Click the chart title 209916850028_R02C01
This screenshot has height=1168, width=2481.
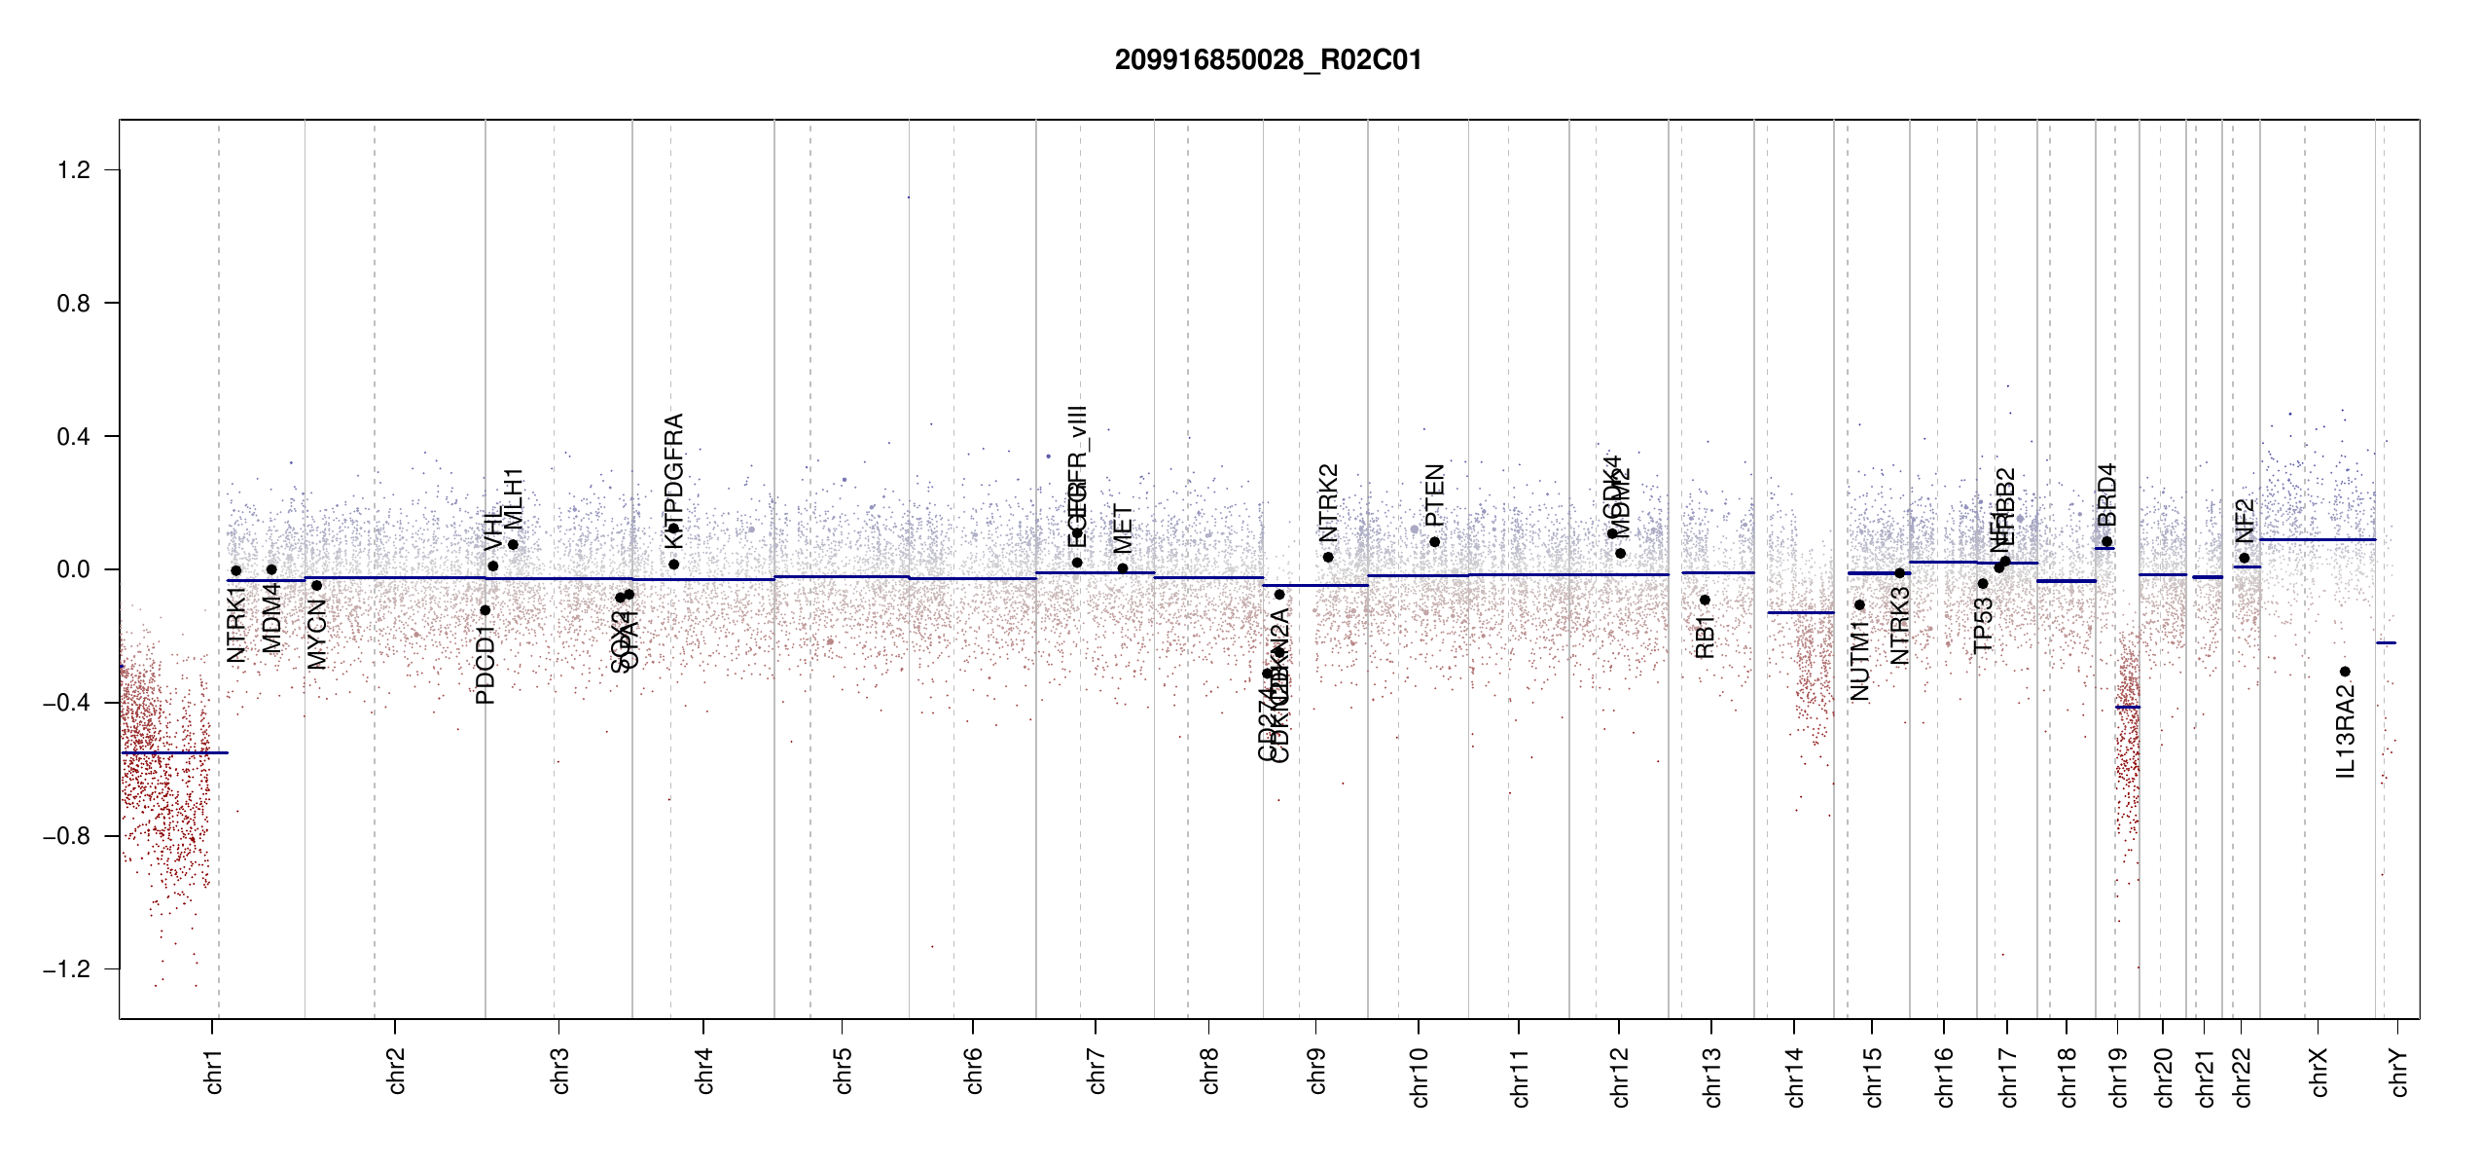(1268, 60)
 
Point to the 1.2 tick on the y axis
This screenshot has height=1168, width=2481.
(74, 170)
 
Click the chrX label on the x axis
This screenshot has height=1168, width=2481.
(2319, 1072)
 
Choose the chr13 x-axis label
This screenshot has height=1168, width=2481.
(1712, 1077)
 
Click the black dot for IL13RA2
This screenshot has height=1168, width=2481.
(2345, 672)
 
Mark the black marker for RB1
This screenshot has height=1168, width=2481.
(1705, 600)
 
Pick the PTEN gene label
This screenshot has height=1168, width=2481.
(1434, 494)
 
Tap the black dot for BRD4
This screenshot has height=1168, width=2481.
(2106, 542)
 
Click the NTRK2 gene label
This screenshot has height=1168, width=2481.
(1329, 502)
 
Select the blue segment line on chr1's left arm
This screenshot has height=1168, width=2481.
(174, 752)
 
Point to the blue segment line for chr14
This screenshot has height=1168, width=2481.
(1800, 612)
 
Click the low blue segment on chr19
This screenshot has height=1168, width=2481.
(2128, 707)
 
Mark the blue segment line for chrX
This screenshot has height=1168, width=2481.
(2317, 539)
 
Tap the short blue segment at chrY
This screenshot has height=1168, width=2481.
(2386, 642)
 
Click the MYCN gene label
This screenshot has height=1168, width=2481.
(317, 634)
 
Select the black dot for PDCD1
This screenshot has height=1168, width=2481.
(485, 610)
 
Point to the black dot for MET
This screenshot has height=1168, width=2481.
(1123, 568)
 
